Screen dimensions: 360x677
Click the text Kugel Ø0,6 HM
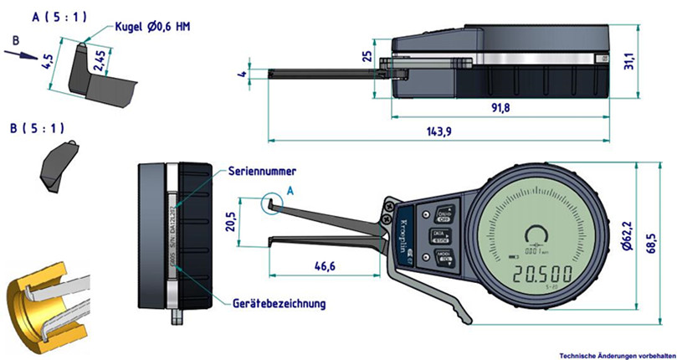(148, 28)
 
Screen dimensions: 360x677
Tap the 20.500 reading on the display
(549, 274)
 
